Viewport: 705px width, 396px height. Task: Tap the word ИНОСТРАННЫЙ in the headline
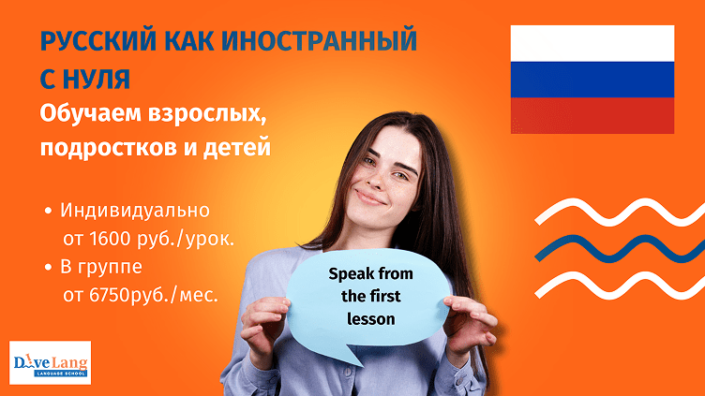click(320, 40)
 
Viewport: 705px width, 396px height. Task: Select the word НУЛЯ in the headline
click(97, 79)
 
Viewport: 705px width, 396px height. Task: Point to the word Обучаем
click(90, 113)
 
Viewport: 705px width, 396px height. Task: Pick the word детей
click(236, 147)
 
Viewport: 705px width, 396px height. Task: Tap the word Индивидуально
click(135, 211)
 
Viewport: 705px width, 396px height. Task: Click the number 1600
click(110, 239)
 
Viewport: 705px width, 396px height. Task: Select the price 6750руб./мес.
click(154, 296)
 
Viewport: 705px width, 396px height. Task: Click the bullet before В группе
click(48, 267)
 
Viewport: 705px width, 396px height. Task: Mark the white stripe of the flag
click(592, 44)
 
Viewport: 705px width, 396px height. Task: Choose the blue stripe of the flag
click(592, 80)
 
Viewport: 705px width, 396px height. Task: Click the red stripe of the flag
click(592, 115)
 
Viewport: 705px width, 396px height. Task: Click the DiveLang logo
click(50, 363)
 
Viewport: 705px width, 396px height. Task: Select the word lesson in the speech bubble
click(371, 319)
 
